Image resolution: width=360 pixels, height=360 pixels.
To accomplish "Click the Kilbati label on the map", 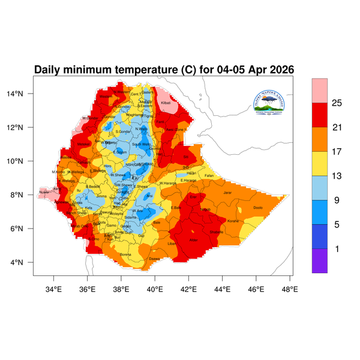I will pos(166,104).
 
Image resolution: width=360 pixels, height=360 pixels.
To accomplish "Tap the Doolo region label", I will pos(258,208).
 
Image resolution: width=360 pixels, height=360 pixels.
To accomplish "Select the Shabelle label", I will pos(217,232).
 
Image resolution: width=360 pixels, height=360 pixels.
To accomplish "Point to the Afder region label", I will pos(193,240).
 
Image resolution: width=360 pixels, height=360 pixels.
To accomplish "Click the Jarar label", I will pos(227,193).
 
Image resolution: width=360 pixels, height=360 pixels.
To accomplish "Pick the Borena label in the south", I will pos(125,254).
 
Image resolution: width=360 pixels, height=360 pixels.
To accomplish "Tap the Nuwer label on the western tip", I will pos(44,193).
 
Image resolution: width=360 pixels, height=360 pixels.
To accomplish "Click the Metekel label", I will pos(83,144).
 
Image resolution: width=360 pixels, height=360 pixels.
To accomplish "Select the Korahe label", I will pos(233,221).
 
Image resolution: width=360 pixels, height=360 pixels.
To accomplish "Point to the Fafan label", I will pos(209,175).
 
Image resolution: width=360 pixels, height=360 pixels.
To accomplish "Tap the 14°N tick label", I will pos(23,94).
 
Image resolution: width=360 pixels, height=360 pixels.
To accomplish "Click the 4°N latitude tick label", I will pos(25,263).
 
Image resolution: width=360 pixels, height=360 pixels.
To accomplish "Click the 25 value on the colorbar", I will pos(337,104).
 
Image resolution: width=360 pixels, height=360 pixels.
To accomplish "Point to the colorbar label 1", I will pos(337,248).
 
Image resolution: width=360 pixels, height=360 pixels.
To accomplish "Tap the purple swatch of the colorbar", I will pos(319,261).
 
